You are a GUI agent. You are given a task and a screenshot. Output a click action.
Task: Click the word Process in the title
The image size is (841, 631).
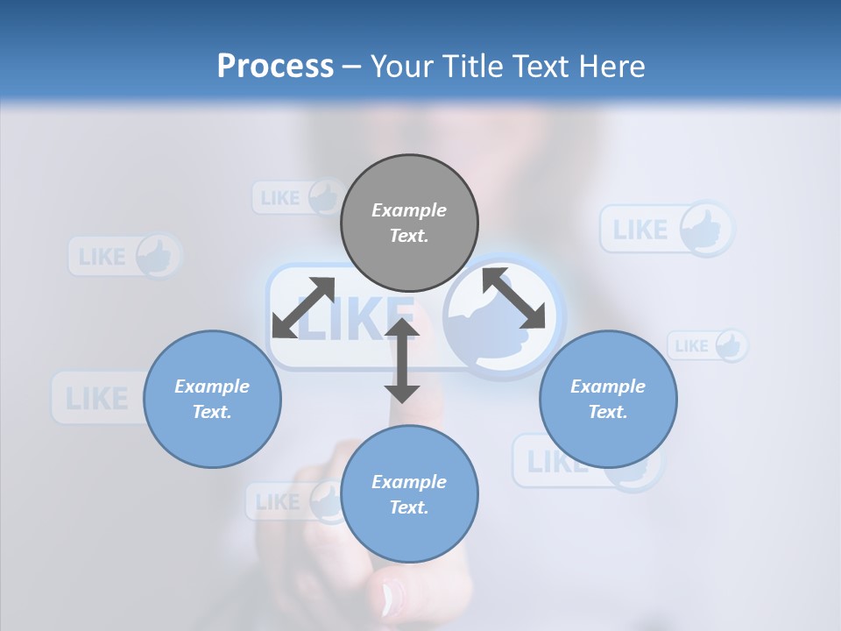pyautogui.click(x=275, y=67)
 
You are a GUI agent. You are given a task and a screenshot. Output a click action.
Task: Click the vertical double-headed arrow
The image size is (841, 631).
pyautogui.click(x=402, y=360)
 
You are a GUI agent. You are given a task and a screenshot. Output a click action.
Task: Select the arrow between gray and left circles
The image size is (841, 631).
pyautogui.click(x=303, y=308)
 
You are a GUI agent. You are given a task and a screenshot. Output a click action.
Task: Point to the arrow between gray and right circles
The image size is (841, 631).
pyautogui.click(x=513, y=299)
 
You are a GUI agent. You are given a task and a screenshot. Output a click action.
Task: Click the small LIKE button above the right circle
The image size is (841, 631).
pyautogui.click(x=708, y=345)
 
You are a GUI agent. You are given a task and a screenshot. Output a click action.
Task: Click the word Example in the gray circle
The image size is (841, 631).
pyautogui.click(x=408, y=210)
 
